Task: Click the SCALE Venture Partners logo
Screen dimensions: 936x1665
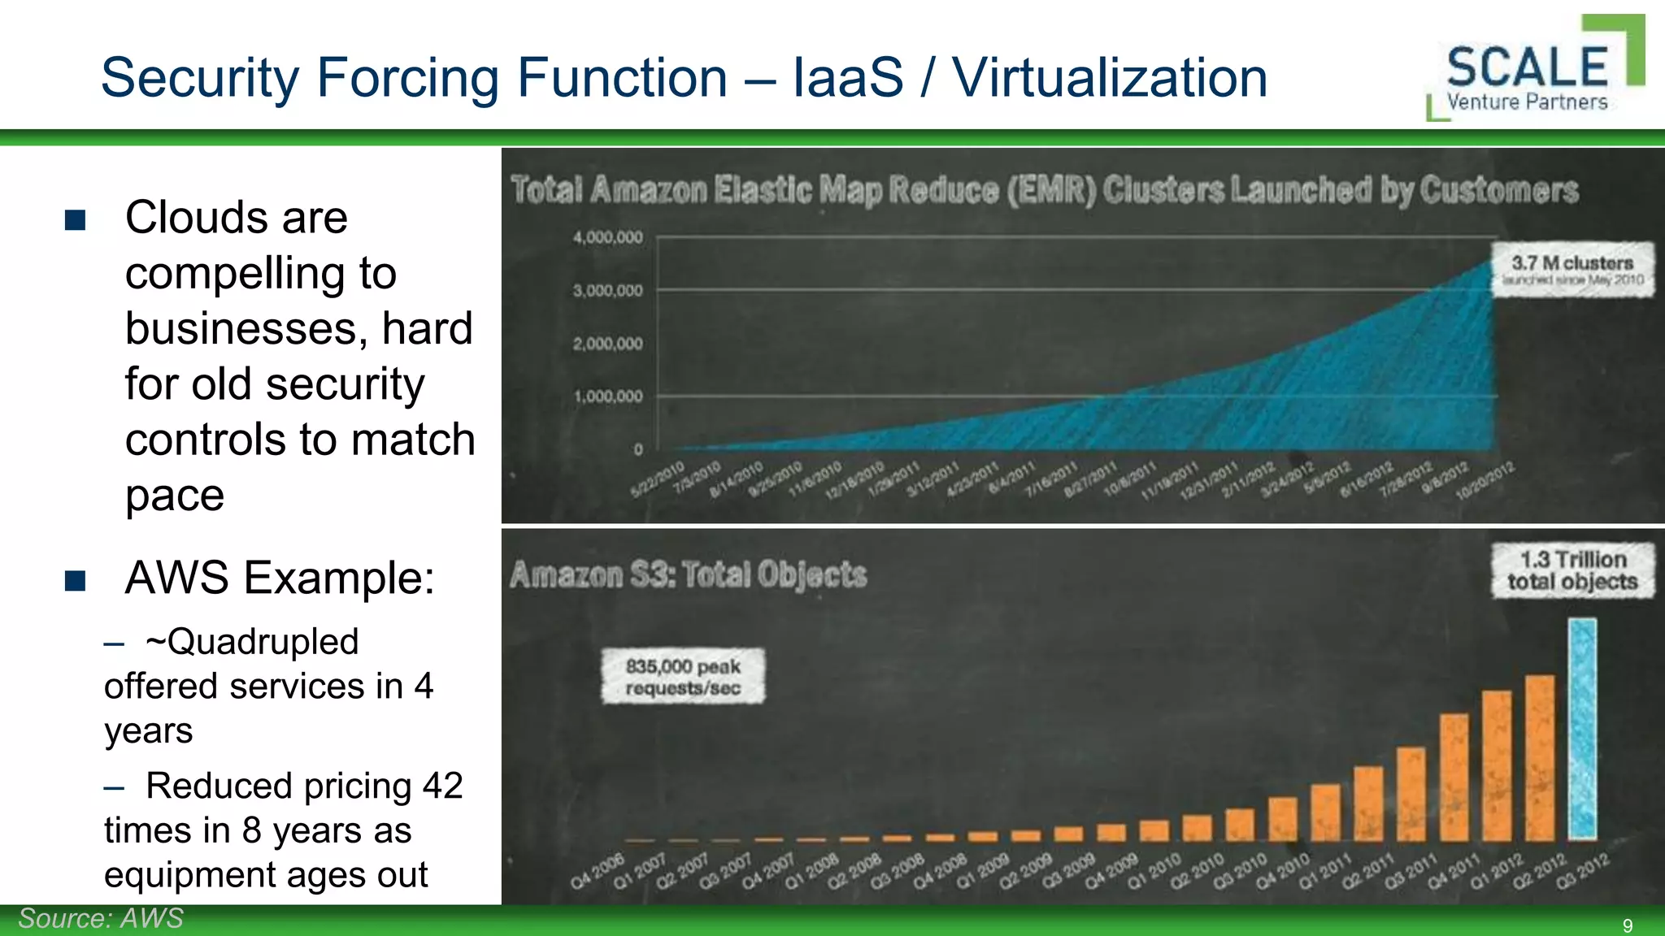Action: (1535, 69)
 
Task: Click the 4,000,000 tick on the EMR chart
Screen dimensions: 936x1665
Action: (607, 237)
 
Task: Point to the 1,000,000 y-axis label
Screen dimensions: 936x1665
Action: (607, 396)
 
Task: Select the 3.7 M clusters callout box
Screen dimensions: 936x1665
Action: (1572, 269)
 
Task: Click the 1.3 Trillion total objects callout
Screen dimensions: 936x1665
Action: (1572, 570)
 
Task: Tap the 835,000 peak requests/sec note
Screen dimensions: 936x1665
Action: (683, 676)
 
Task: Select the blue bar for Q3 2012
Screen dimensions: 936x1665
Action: (1582, 728)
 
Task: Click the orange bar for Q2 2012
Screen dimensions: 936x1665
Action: (1539, 757)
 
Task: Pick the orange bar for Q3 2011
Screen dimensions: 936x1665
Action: (1411, 794)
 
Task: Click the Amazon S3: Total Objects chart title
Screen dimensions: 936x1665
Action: (688, 574)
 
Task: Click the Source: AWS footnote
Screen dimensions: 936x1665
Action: (101, 918)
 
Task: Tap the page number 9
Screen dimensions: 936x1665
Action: (1627, 925)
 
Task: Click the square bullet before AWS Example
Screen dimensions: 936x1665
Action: (76, 580)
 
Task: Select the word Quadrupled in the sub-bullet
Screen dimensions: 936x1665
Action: (262, 641)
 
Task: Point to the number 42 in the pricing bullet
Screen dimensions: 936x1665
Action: (442, 786)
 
